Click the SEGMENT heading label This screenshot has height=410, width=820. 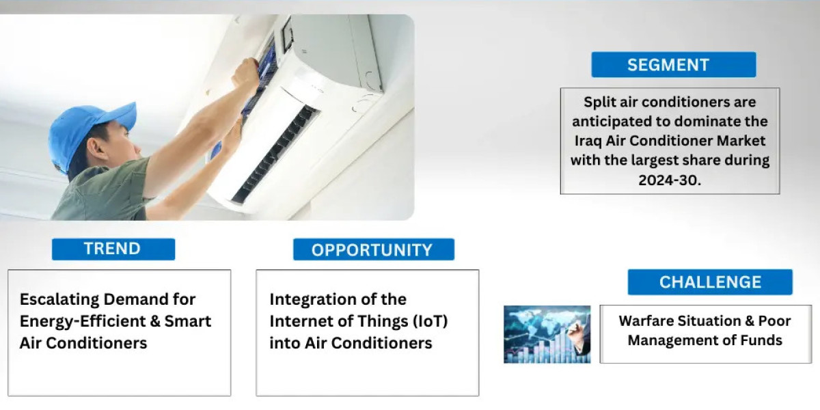(668, 65)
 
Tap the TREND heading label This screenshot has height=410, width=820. (112, 249)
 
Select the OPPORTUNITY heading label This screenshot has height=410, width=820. (372, 250)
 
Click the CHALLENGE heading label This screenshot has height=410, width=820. (710, 282)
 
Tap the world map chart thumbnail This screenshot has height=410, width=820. (547, 334)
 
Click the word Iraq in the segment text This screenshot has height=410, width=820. (588, 141)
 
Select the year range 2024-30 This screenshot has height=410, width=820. (670, 180)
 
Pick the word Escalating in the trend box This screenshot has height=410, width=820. (59, 300)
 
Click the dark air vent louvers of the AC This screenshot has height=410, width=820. (275, 154)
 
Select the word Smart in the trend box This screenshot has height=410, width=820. (188, 321)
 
